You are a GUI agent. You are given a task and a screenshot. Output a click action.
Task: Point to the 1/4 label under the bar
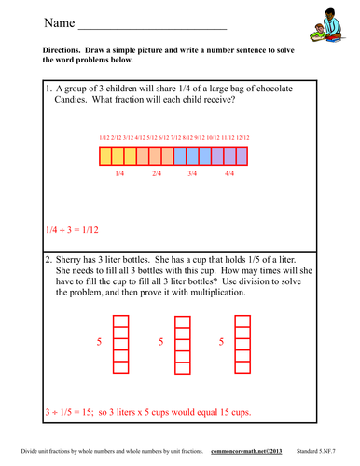(118, 172)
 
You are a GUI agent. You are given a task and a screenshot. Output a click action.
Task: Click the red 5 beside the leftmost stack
(98, 343)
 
